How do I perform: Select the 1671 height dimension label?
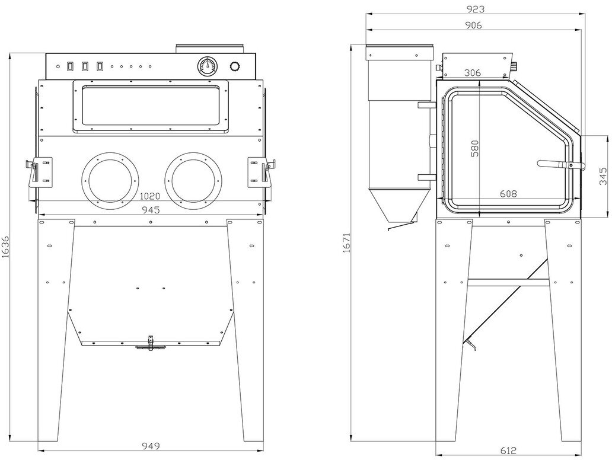point(346,242)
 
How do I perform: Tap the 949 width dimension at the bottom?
point(152,446)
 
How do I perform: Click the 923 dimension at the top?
point(476,9)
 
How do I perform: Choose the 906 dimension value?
point(473,25)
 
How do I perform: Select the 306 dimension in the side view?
point(473,73)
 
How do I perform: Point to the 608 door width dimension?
point(508,193)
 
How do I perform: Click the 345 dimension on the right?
point(603,177)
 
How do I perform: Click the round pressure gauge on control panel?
point(207,66)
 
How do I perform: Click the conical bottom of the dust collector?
point(395,207)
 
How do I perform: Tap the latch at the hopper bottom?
point(149,343)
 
